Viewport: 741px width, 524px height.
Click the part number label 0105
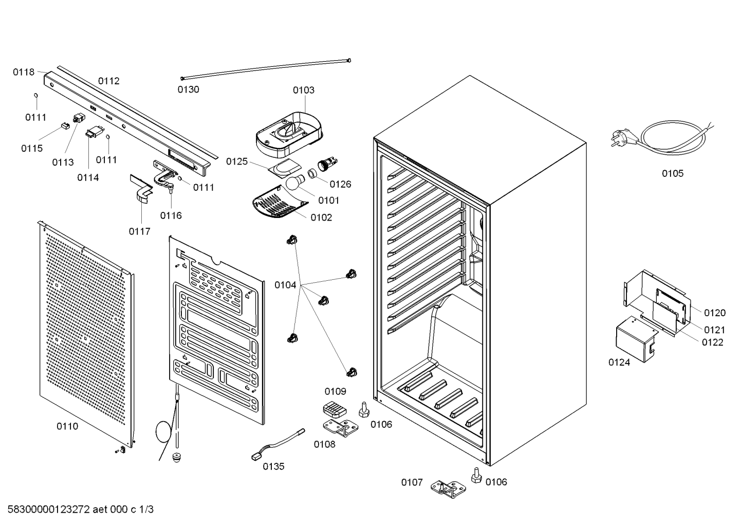click(673, 173)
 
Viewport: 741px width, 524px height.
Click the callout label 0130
click(188, 89)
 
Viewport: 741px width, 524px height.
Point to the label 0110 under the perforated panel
click(67, 426)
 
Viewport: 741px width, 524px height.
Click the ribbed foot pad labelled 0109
click(335, 409)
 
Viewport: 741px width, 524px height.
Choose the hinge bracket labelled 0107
click(448, 489)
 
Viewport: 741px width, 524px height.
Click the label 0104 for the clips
click(285, 285)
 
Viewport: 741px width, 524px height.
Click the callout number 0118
click(24, 72)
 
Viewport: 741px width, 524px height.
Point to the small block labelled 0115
click(65, 126)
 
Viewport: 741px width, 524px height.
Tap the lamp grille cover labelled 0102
click(280, 203)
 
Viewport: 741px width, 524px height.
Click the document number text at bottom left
click(80, 509)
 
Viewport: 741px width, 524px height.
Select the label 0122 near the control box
click(713, 342)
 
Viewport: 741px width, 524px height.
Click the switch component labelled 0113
click(79, 118)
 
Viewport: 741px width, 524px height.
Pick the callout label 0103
click(304, 90)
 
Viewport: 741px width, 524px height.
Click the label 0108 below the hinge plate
click(325, 444)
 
